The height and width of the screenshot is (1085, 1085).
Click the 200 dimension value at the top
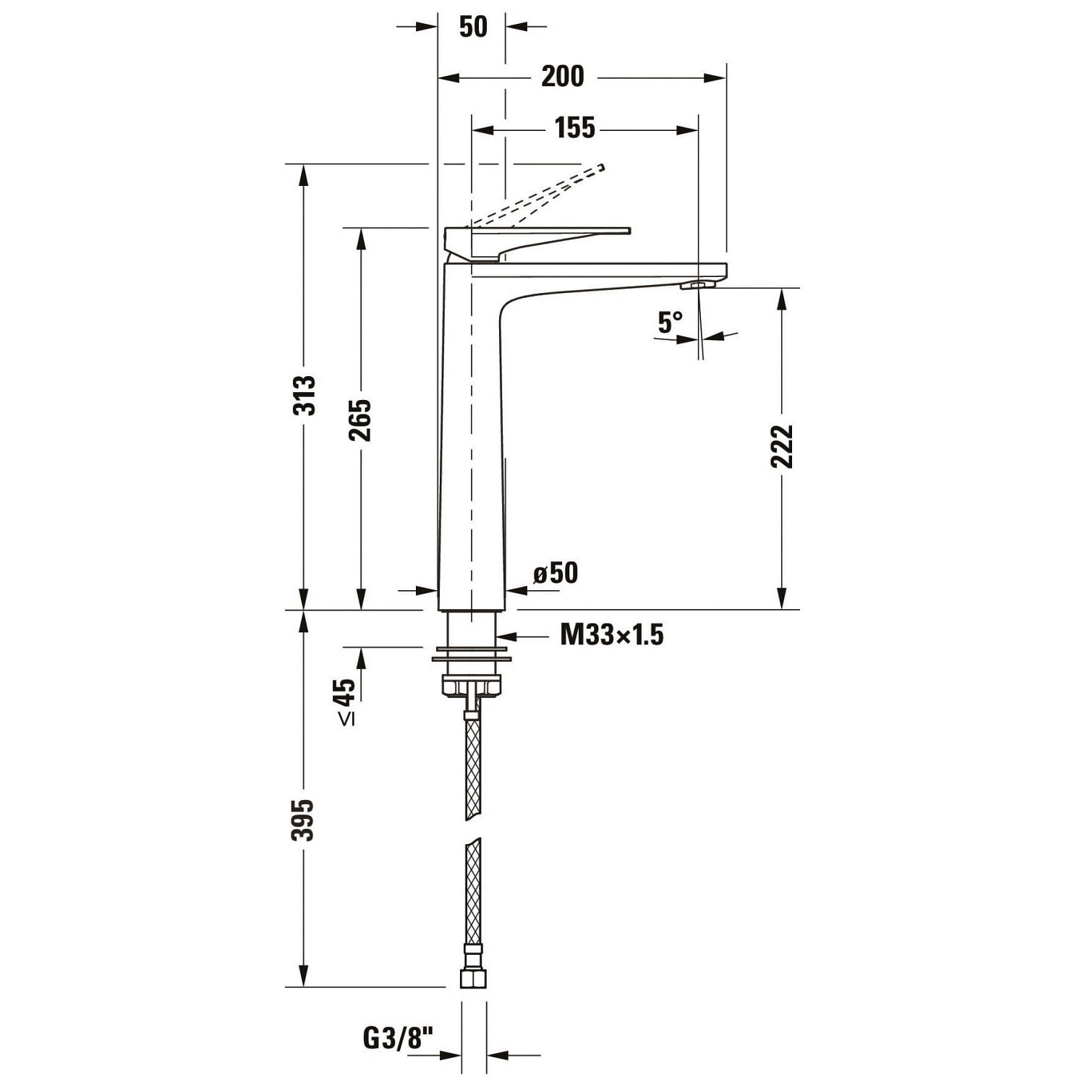(x=562, y=76)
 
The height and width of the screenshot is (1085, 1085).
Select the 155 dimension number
(x=575, y=128)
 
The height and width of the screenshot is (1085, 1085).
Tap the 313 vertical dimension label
(x=305, y=395)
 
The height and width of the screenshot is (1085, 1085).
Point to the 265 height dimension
(x=359, y=420)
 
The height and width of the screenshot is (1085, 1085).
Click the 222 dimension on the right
(x=782, y=446)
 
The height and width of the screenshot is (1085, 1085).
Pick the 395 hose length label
(x=303, y=820)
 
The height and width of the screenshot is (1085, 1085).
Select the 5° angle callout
(x=670, y=322)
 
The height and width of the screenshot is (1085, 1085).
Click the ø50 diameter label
(x=556, y=573)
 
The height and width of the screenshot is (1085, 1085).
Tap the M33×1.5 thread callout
(x=612, y=635)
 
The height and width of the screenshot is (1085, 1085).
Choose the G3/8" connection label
(x=397, y=1039)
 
